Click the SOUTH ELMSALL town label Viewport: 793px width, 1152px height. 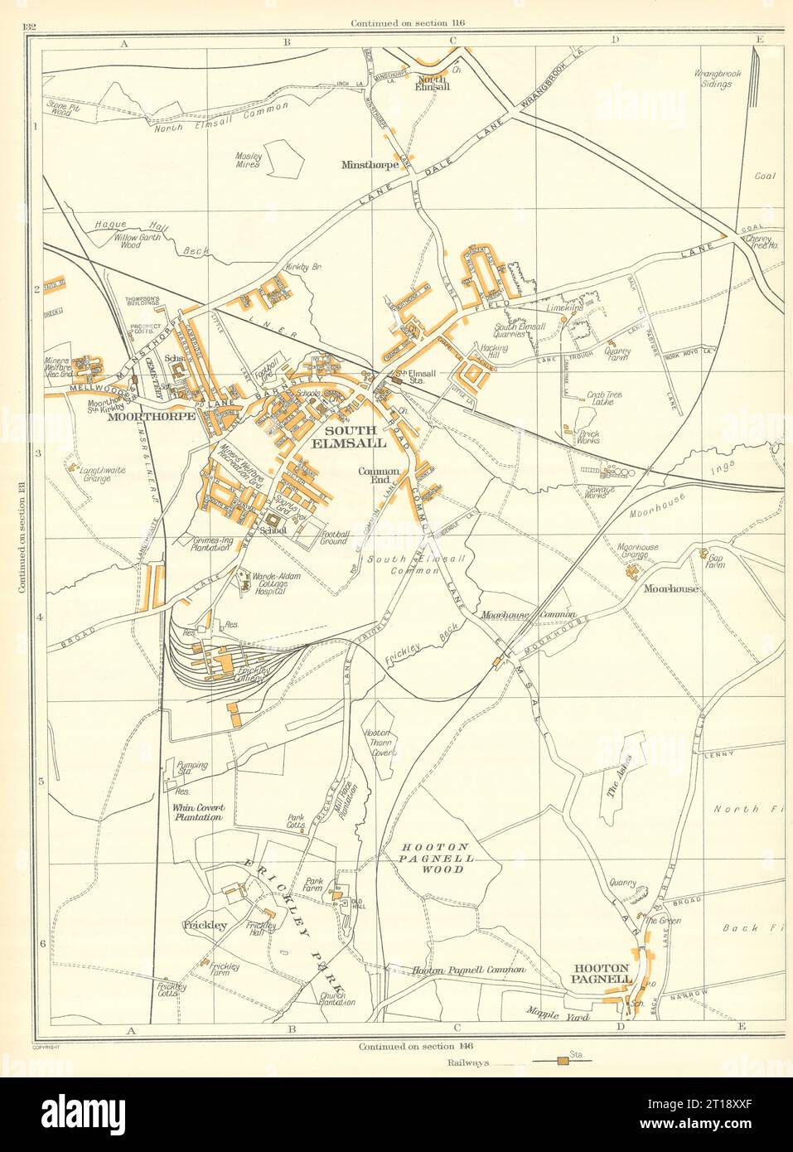(x=355, y=437)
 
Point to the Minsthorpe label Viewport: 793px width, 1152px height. (x=370, y=165)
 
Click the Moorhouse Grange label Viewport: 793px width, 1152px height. (x=638, y=552)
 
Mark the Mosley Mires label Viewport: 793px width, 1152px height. (x=249, y=160)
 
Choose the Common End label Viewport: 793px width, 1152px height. (x=379, y=475)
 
